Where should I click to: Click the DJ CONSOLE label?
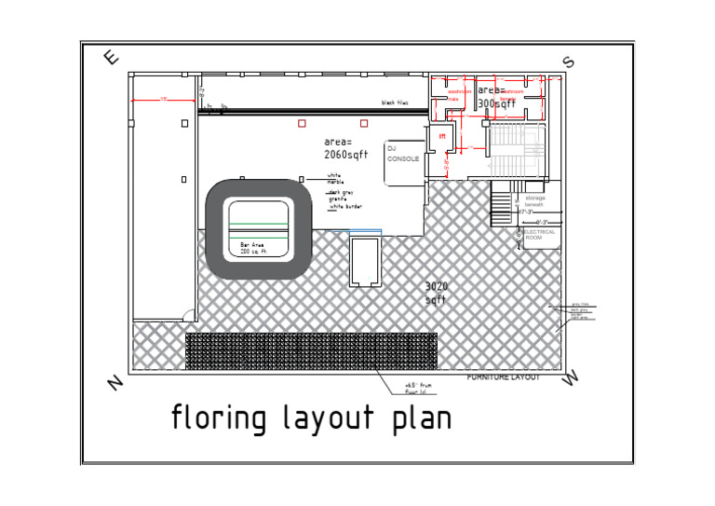coord(402,154)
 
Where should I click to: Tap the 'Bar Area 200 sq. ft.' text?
coord(252,248)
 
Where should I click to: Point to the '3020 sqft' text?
coord(437,293)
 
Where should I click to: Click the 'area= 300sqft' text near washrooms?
coord(496,97)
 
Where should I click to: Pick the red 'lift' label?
coord(443,137)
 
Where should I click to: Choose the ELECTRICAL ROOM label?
coord(540,235)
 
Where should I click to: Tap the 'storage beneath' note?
coord(535,200)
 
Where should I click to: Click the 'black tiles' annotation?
coord(395,103)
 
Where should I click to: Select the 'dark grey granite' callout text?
coord(340,195)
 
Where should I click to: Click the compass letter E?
coord(112,58)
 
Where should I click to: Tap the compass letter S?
coord(568,62)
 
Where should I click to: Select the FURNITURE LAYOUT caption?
coord(503,377)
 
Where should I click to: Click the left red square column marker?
coord(302,123)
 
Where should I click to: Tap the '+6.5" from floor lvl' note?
coord(415,388)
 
